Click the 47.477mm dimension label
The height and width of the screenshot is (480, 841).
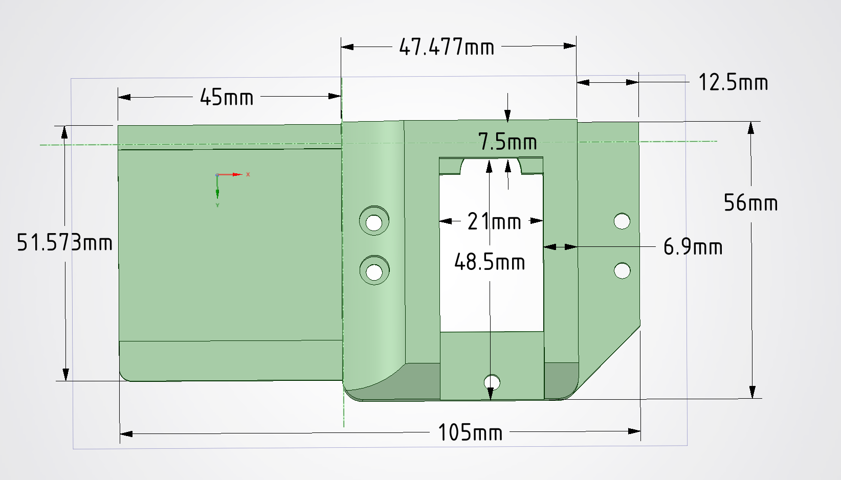point(447,47)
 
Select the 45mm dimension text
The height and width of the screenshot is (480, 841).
point(226,97)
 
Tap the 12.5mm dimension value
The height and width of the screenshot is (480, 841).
point(733,82)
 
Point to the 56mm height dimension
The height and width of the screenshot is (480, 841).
point(750,203)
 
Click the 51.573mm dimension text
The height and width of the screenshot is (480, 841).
point(64,242)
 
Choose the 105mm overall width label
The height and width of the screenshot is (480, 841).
point(470,432)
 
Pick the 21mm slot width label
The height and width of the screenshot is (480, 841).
point(494,221)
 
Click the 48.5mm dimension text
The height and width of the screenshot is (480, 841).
point(490,262)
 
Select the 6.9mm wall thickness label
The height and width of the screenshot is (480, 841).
point(693,247)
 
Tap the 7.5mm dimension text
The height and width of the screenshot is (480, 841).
point(507,142)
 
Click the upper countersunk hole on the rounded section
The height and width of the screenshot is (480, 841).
point(374,222)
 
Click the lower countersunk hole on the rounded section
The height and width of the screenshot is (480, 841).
point(374,271)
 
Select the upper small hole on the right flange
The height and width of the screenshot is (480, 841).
point(622,221)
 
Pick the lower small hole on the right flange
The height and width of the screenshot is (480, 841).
point(622,270)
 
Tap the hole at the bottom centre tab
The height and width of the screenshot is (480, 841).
point(492,382)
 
